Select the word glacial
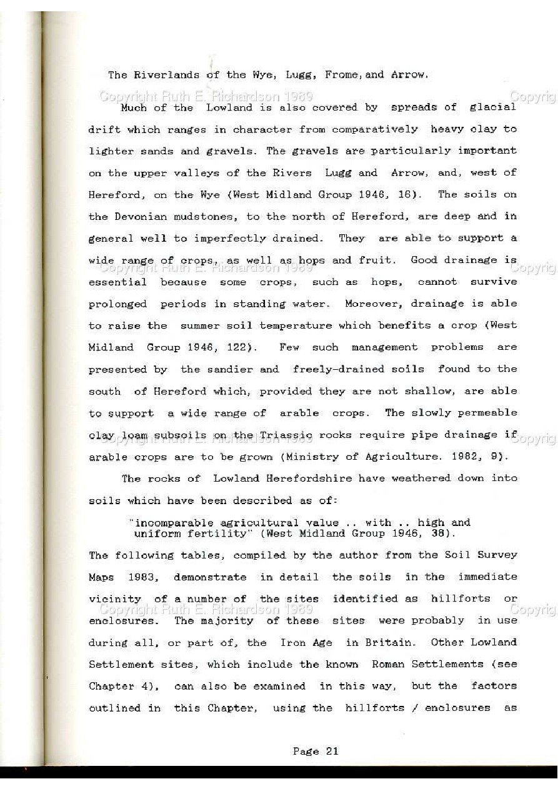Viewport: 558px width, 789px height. [492, 107]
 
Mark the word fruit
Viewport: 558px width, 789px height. [378, 260]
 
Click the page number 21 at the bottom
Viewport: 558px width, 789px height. [331, 752]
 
